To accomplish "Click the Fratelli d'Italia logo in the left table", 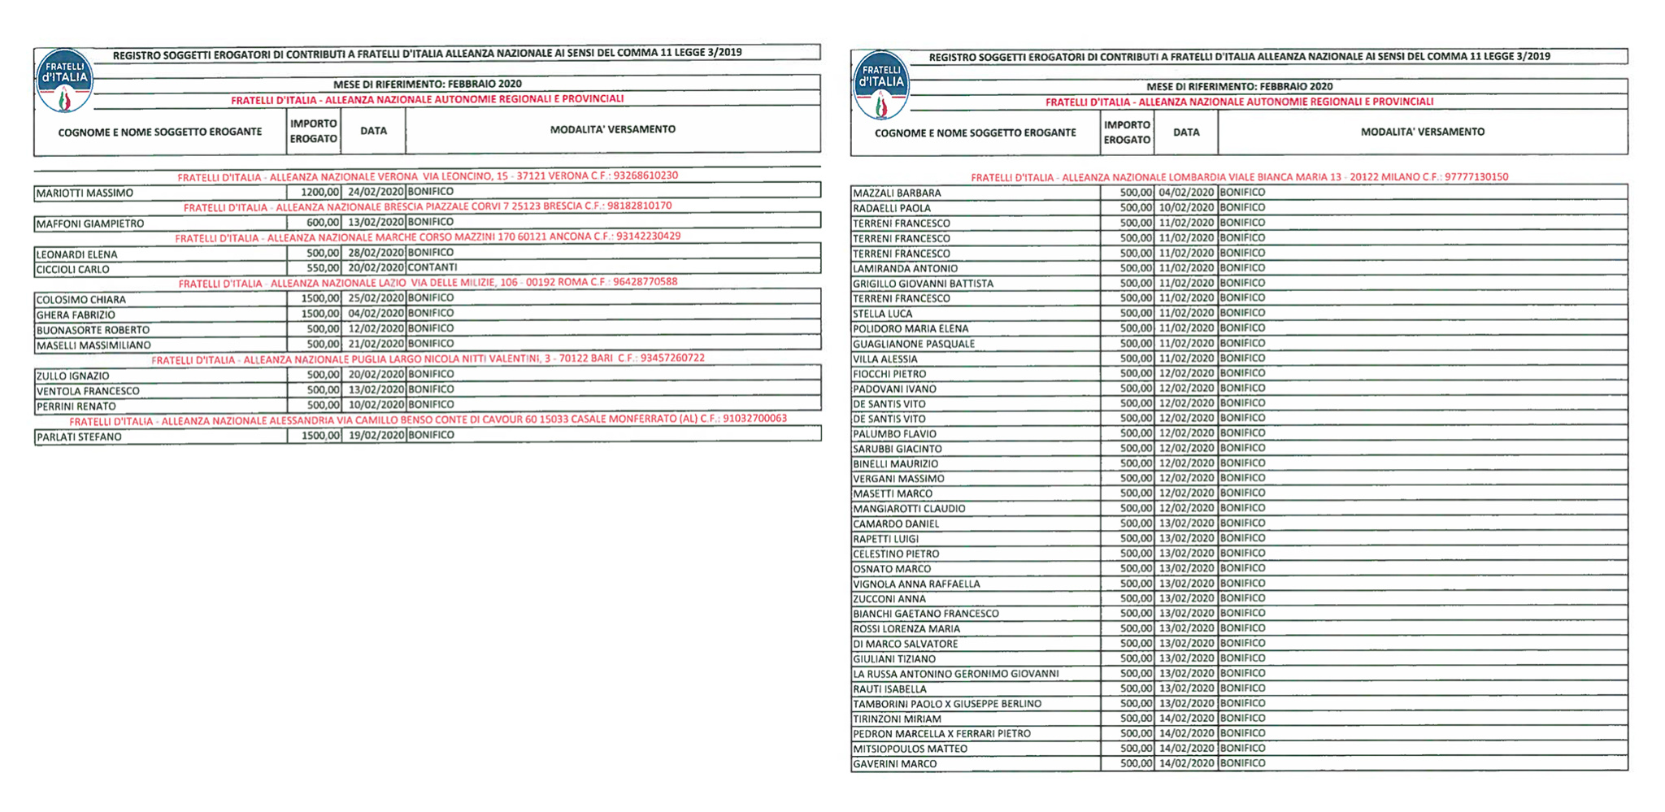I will tap(64, 80).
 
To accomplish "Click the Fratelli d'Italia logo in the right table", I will tap(881, 85).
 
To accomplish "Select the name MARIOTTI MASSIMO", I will tap(85, 193).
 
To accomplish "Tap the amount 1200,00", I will tap(320, 193).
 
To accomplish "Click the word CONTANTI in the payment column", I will tap(433, 267).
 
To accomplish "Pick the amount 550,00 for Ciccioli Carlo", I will tap(323, 268).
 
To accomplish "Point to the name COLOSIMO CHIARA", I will tap(80, 300).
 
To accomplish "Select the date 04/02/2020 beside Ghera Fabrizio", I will tap(376, 314).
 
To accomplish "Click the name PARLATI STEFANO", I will tap(79, 437).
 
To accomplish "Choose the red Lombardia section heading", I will tap(1239, 177).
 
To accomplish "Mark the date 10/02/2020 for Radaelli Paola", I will tap(1186, 208).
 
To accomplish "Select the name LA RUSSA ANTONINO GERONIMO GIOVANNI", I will tap(955, 674).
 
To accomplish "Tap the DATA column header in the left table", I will tap(373, 131).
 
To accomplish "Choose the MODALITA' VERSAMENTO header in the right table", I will tap(1422, 132).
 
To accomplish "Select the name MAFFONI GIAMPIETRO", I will tap(90, 224).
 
